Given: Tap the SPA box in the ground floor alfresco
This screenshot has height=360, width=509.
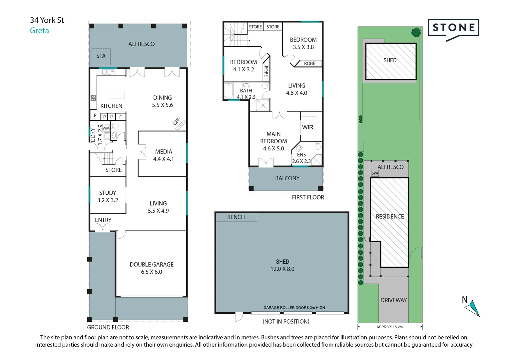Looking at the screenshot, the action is point(101,56).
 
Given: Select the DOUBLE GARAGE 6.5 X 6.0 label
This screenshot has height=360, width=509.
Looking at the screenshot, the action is point(152,268).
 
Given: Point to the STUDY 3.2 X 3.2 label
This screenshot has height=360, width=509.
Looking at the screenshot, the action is point(108,196).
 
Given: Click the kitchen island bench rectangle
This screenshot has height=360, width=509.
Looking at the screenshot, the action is point(117,95).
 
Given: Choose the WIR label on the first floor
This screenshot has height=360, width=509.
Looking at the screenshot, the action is point(308,127).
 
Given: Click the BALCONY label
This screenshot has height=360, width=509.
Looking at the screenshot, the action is point(287,178).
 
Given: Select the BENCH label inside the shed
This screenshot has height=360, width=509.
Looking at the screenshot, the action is point(236,217).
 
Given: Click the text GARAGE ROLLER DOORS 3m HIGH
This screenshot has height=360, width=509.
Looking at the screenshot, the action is point(294,307).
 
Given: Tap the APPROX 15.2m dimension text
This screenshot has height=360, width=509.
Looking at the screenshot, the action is point(389,327).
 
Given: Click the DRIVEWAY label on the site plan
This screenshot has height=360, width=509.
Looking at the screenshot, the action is point(393,300).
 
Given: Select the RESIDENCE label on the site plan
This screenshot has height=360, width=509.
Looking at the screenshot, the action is point(390,217).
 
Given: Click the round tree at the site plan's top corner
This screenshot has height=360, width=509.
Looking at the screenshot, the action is point(416,33).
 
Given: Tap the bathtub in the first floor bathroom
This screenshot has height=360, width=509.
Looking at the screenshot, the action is point(229,91).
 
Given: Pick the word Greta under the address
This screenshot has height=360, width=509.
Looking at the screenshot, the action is point(39,30).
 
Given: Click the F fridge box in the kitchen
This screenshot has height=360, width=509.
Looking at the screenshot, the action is point(121,117).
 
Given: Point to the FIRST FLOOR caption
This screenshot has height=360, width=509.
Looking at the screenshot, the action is point(308,197).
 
